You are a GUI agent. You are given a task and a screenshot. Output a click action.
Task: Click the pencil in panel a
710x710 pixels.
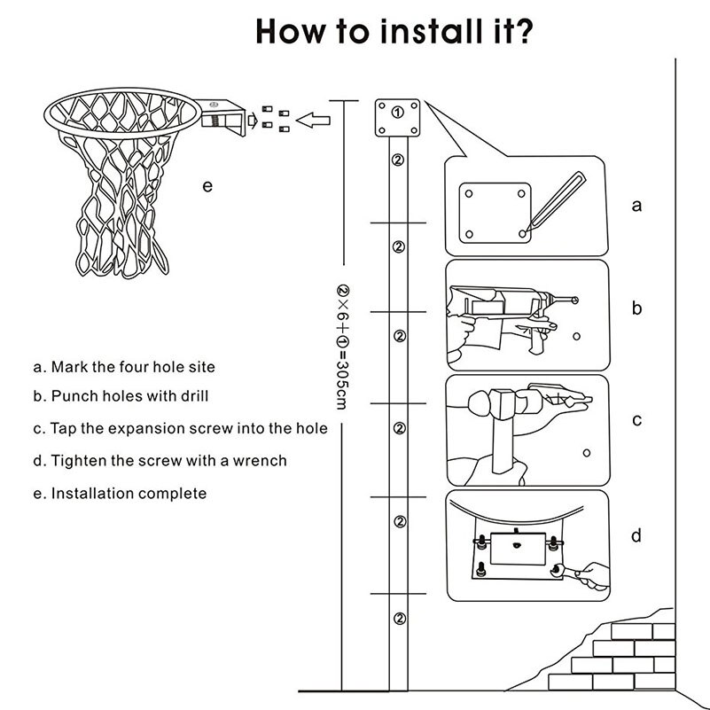coord(554,201)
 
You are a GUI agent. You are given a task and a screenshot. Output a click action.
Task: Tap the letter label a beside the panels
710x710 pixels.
coord(636,206)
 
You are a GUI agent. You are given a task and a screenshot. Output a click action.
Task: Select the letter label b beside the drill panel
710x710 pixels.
coord(636,308)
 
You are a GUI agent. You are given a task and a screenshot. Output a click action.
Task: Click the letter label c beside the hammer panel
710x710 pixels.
coord(636,420)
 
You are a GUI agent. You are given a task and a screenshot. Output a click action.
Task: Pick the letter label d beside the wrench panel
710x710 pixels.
coord(636,535)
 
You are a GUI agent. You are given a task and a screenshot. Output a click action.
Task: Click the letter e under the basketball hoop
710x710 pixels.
coord(207,185)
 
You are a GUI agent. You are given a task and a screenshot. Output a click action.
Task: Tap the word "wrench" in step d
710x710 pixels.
coord(260,460)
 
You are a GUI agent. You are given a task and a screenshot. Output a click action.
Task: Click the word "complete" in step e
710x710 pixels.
coord(176,493)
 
